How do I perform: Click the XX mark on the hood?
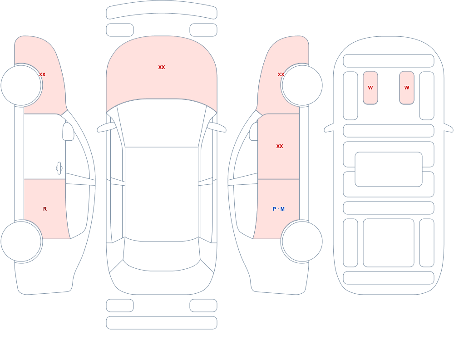pos(162,67)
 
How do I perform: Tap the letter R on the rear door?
pos(45,209)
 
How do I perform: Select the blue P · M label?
pos(279,209)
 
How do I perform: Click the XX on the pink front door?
pos(279,146)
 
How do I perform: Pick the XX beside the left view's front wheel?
pos(42,74)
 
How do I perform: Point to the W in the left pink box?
pos(370,88)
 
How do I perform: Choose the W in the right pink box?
pos(406,88)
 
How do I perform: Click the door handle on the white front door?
pos(59,168)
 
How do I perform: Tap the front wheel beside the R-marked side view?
pos(21,85)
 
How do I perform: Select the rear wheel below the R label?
pos(21,241)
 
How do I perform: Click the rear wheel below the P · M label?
pos(302,241)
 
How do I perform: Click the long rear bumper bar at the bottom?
pos(162,323)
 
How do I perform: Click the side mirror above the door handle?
pos(69,132)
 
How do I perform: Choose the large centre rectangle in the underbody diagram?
pos(389,169)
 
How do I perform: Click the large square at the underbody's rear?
pos(389,243)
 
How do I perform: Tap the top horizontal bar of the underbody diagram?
pos(389,61)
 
